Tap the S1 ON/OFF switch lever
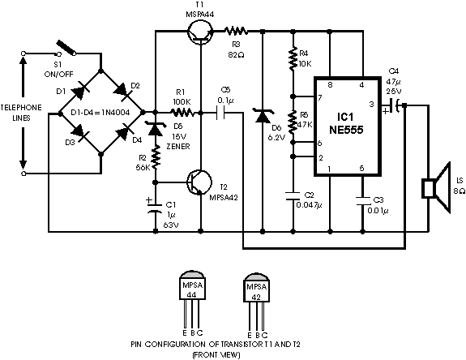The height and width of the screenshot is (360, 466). click(x=66, y=48)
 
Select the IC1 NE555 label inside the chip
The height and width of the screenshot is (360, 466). click(x=346, y=123)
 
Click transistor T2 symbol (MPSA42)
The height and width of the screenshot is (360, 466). click(x=199, y=182)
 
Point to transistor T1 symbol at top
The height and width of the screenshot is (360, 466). click(x=200, y=32)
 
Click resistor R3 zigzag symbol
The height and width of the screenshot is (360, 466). click(x=236, y=31)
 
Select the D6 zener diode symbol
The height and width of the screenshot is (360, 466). click(x=263, y=116)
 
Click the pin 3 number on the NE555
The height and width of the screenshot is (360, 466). click(x=371, y=105)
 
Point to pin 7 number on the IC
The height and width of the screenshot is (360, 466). click(x=320, y=97)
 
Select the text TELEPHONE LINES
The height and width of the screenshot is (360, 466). click(x=21, y=113)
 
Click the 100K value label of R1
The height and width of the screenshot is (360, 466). click(x=182, y=102)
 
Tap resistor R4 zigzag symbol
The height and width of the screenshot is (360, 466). click(x=293, y=58)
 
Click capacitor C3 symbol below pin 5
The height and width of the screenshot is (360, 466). click(x=362, y=200)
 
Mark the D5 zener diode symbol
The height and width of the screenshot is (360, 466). click(x=155, y=128)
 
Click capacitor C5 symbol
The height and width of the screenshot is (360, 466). click(x=220, y=113)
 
